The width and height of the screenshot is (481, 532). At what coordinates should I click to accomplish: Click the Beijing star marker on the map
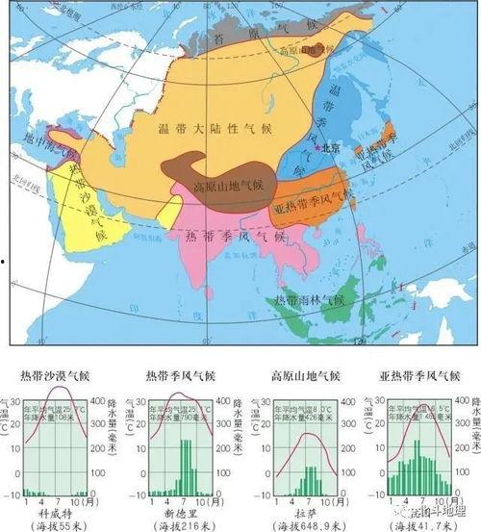tap(325, 150)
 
